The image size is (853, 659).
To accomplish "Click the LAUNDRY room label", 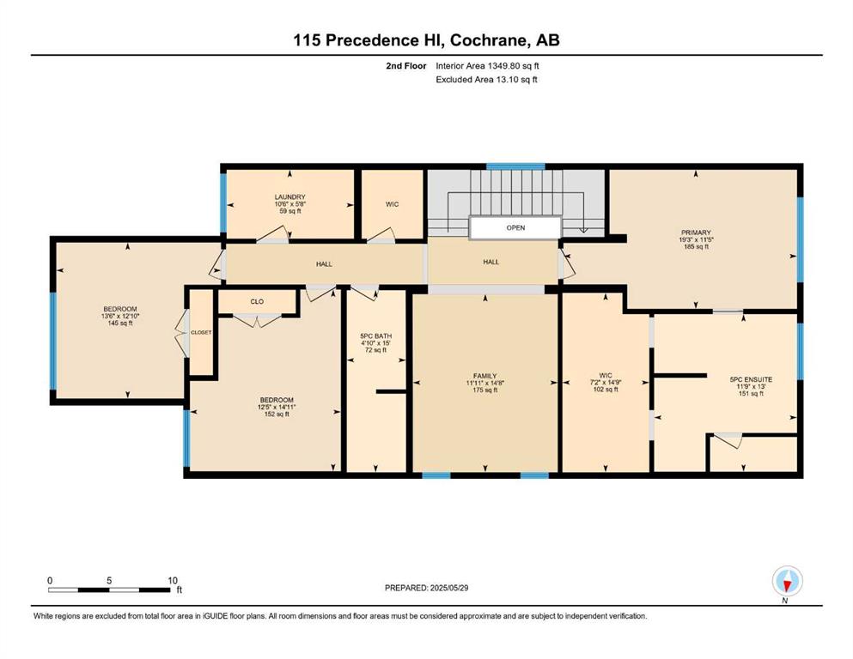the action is point(290,197).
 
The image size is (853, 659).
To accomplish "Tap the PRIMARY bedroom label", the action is point(696,233).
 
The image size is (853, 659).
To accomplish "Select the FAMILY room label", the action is point(484,376).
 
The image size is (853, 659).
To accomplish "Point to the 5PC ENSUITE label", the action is point(751,380).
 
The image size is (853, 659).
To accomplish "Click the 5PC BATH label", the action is point(376,336).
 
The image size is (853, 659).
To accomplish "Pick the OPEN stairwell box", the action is point(515,227).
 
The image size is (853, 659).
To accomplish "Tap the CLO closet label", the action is point(257,301).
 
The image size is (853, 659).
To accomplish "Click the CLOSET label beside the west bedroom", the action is point(201,332).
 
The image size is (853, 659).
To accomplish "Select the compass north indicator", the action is point(787,582).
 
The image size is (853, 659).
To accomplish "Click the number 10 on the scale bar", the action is point(173,580).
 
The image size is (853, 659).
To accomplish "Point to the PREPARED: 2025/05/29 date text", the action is point(426,588).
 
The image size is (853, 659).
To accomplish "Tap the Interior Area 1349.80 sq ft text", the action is point(487,66).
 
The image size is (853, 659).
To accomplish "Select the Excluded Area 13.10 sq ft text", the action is point(487,79).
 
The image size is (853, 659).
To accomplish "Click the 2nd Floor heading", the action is point(405,66).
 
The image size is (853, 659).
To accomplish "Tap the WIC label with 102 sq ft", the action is point(606,382).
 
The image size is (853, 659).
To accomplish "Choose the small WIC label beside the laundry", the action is point(392,204).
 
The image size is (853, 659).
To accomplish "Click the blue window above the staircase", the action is point(515,166).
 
